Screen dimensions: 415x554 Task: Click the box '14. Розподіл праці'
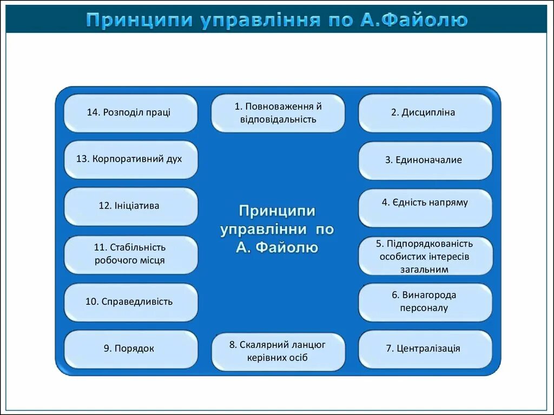point(130,113)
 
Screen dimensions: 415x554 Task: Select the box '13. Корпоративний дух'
point(130,159)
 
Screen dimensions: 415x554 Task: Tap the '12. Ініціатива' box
point(130,206)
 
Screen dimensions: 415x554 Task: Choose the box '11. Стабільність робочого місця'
point(130,254)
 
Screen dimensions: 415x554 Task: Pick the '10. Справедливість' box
point(130,302)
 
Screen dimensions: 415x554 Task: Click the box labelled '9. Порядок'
point(130,349)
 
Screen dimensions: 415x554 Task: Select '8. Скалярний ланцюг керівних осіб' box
point(278,351)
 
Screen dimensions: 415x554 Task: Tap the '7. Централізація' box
point(425,349)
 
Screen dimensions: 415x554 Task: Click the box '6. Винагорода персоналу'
point(425,302)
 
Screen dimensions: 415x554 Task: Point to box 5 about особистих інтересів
point(425,256)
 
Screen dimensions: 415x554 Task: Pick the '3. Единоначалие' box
point(425,160)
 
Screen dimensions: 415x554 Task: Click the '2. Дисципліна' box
point(425,113)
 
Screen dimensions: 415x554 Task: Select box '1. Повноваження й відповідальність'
point(278,113)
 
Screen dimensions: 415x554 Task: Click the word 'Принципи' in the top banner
point(139,21)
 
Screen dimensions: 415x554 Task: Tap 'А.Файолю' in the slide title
point(413,21)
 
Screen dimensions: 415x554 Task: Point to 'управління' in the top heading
point(261,21)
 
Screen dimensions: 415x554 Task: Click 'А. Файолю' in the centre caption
point(277,248)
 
